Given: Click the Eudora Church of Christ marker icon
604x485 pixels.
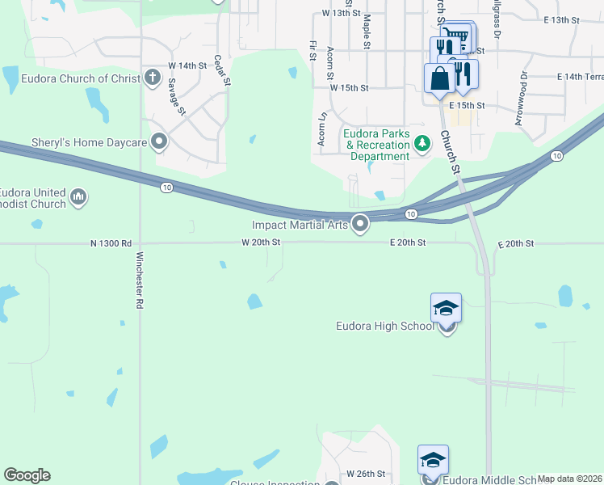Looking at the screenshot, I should point(153,78).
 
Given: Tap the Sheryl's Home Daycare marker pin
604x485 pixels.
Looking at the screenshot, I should point(159,142).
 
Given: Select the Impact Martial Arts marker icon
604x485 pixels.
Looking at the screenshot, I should point(361,225).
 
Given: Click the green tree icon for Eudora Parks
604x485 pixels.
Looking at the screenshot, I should point(422,144).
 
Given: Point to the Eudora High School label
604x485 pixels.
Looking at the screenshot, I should point(385,327).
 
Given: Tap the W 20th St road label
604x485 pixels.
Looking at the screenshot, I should point(261,242).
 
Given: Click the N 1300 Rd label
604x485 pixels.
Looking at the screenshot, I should point(111,242).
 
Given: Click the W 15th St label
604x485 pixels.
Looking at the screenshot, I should point(349,87).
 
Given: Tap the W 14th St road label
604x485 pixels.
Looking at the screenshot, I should point(187,65).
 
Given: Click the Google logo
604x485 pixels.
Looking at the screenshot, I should point(27,475).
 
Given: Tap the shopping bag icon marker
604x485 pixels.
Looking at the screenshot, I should point(438,78).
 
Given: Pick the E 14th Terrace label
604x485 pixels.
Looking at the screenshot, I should point(580,76).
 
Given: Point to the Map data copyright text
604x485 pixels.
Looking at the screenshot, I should point(569,479).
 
